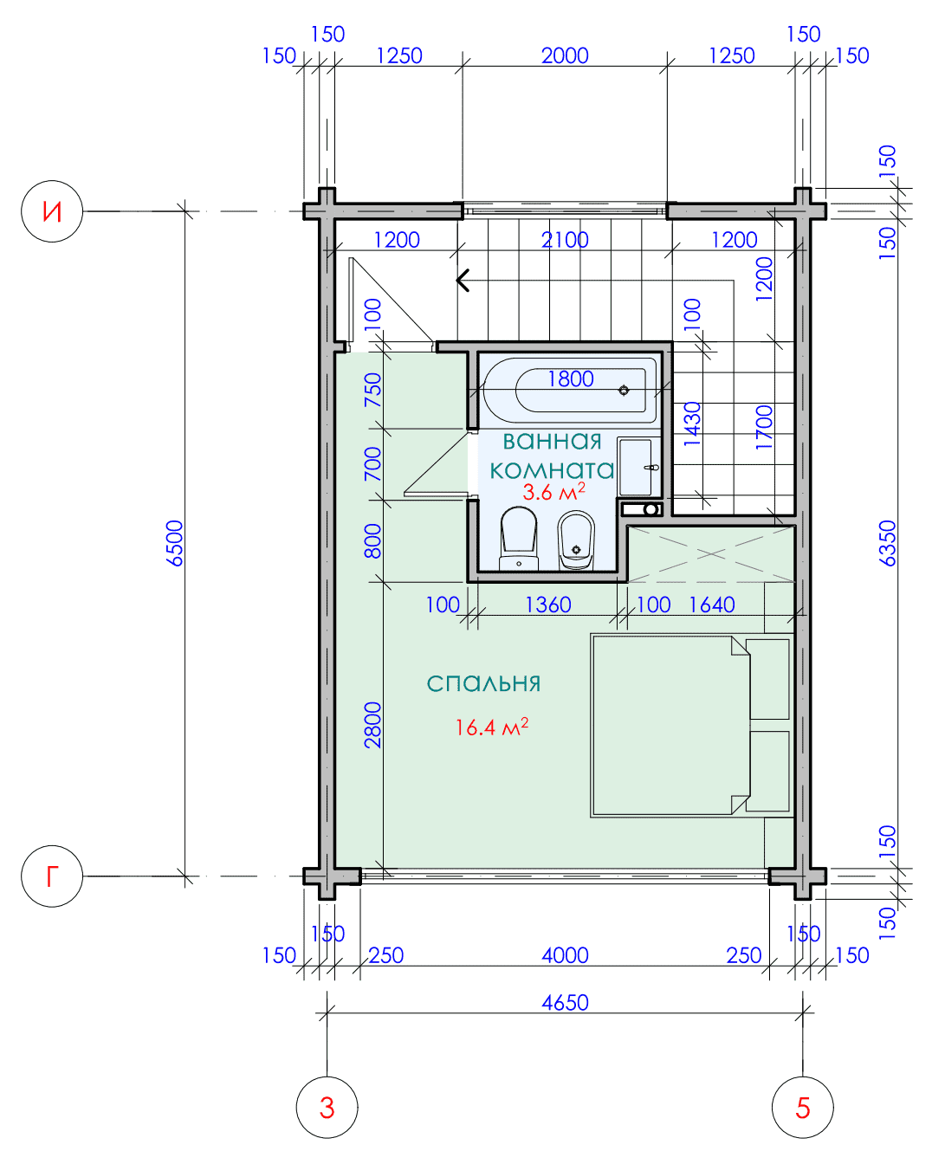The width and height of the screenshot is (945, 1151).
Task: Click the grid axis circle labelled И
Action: (52, 211)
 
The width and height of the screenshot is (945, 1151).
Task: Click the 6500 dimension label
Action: (175, 543)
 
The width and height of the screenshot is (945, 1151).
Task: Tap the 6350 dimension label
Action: (888, 543)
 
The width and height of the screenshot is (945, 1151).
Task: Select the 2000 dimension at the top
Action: (565, 55)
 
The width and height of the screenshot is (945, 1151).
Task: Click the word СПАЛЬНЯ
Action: (483, 684)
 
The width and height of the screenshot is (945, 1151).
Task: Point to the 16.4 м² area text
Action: (492, 727)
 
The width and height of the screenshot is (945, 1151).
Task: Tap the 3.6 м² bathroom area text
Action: (553, 491)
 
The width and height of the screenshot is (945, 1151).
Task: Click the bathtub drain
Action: (624, 390)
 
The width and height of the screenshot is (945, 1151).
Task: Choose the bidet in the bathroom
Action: (576, 540)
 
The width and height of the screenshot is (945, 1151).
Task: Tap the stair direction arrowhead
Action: (463, 281)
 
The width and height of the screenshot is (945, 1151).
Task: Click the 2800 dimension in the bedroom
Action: (372, 725)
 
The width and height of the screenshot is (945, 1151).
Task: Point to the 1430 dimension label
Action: (692, 424)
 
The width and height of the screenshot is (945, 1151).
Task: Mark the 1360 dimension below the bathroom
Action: (548, 605)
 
